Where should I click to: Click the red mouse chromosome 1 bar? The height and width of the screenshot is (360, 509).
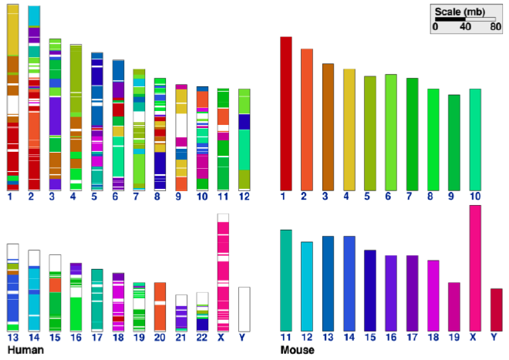285,113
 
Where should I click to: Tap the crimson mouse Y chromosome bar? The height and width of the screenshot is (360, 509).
496,309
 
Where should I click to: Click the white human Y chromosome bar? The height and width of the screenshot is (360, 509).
244,308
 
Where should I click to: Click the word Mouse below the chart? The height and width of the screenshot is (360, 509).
298,350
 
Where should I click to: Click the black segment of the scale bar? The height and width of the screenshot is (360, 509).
450,19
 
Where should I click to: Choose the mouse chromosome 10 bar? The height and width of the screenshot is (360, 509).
475,139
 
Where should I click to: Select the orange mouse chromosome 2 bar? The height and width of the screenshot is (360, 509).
307,119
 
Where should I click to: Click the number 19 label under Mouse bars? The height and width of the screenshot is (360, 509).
453,337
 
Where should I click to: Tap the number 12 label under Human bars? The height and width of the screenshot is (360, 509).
244,197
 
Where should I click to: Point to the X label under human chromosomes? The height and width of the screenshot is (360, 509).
223,337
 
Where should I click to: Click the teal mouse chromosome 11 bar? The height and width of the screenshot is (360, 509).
285,280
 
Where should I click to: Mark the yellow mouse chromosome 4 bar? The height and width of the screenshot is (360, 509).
349,130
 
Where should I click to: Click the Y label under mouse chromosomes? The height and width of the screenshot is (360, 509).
496,337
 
